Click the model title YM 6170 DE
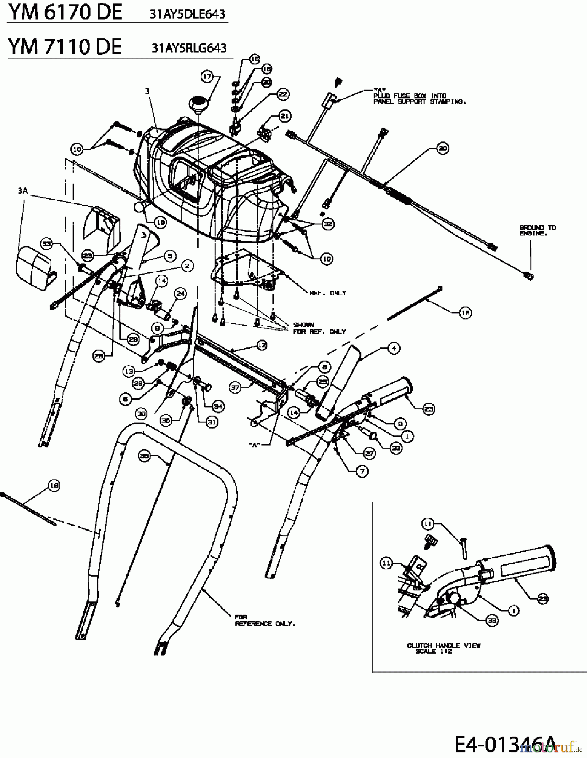click(65, 13)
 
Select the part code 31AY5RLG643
click(189, 48)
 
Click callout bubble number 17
click(207, 77)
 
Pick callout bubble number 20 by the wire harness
click(442, 148)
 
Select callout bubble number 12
click(262, 345)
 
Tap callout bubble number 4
click(394, 348)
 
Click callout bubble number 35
click(145, 455)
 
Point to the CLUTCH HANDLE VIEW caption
click(444, 648)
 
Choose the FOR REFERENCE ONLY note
click(265, 620)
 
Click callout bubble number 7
click(362, 471)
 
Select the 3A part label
click(23, 191)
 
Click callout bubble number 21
click(285, 116)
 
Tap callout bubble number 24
click(180, 294)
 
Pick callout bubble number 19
click(161, 222)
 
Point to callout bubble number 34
click(218, 406)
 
